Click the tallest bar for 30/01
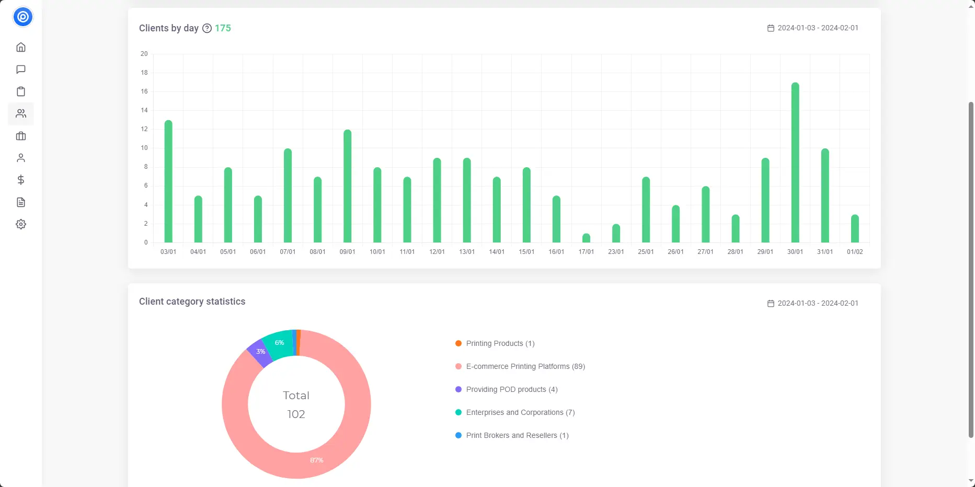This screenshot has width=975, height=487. [795, 163]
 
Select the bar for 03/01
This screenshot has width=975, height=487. [168, 181]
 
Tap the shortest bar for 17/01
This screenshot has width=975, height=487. [586, 238]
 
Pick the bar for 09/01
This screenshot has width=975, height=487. [348, 186]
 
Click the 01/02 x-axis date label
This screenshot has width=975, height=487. [855, 252]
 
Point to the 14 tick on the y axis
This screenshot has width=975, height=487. [144, 110]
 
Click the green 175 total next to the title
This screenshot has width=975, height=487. [223, 28]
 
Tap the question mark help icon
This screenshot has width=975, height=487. [207, 28]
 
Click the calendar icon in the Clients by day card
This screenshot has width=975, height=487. [771, 28]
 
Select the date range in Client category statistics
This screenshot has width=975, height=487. [818, 303]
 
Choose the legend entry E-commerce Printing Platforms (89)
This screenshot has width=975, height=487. [525, 366]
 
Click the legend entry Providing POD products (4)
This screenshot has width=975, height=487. [511, 389]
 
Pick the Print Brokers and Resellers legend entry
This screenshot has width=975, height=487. [517, 435]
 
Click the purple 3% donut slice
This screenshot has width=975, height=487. [259, 353]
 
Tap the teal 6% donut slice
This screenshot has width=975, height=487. [279, 343]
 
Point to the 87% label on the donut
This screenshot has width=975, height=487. [317, 460]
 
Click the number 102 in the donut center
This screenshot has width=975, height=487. [296, 414]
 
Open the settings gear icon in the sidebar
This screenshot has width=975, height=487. [21, 224]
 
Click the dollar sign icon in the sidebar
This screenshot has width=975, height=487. [21, 180]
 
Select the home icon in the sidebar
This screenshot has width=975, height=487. [21, 48]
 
